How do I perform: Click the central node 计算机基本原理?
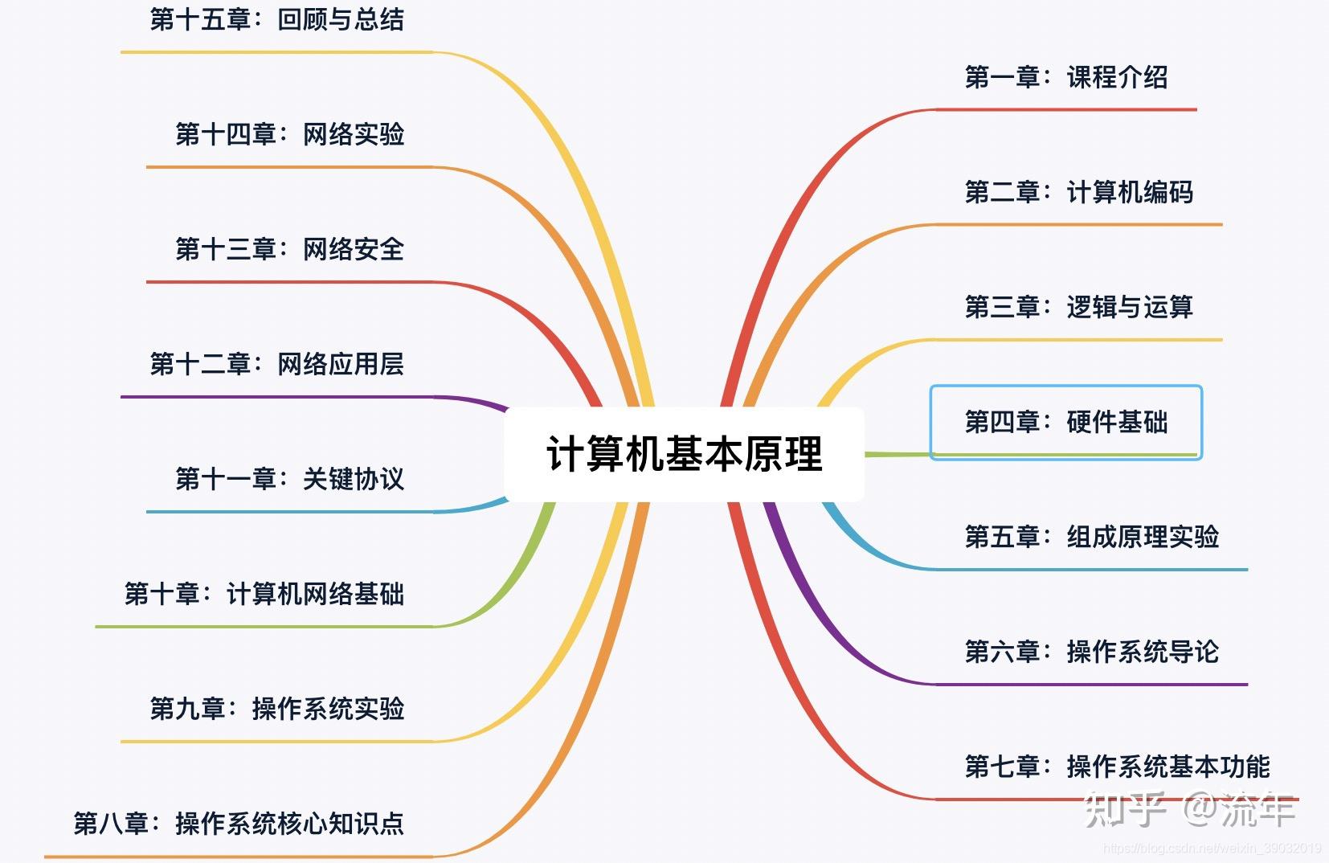684,454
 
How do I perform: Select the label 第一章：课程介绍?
1066,77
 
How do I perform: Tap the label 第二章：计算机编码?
1078,192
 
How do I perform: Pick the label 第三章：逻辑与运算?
1078,307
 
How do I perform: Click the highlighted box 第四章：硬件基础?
1065,422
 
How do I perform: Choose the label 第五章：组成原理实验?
1091,537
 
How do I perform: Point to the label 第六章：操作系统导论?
1091,652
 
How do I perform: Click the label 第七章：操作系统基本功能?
1117,767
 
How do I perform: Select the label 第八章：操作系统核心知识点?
239,824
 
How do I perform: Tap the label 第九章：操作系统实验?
277,709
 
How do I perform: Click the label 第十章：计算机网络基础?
264,594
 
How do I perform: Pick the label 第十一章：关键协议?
290,479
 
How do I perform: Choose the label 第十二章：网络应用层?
277,364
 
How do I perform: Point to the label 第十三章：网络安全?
290,249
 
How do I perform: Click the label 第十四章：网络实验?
290,134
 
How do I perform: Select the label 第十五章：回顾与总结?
277,19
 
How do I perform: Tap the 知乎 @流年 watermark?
1189,810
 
